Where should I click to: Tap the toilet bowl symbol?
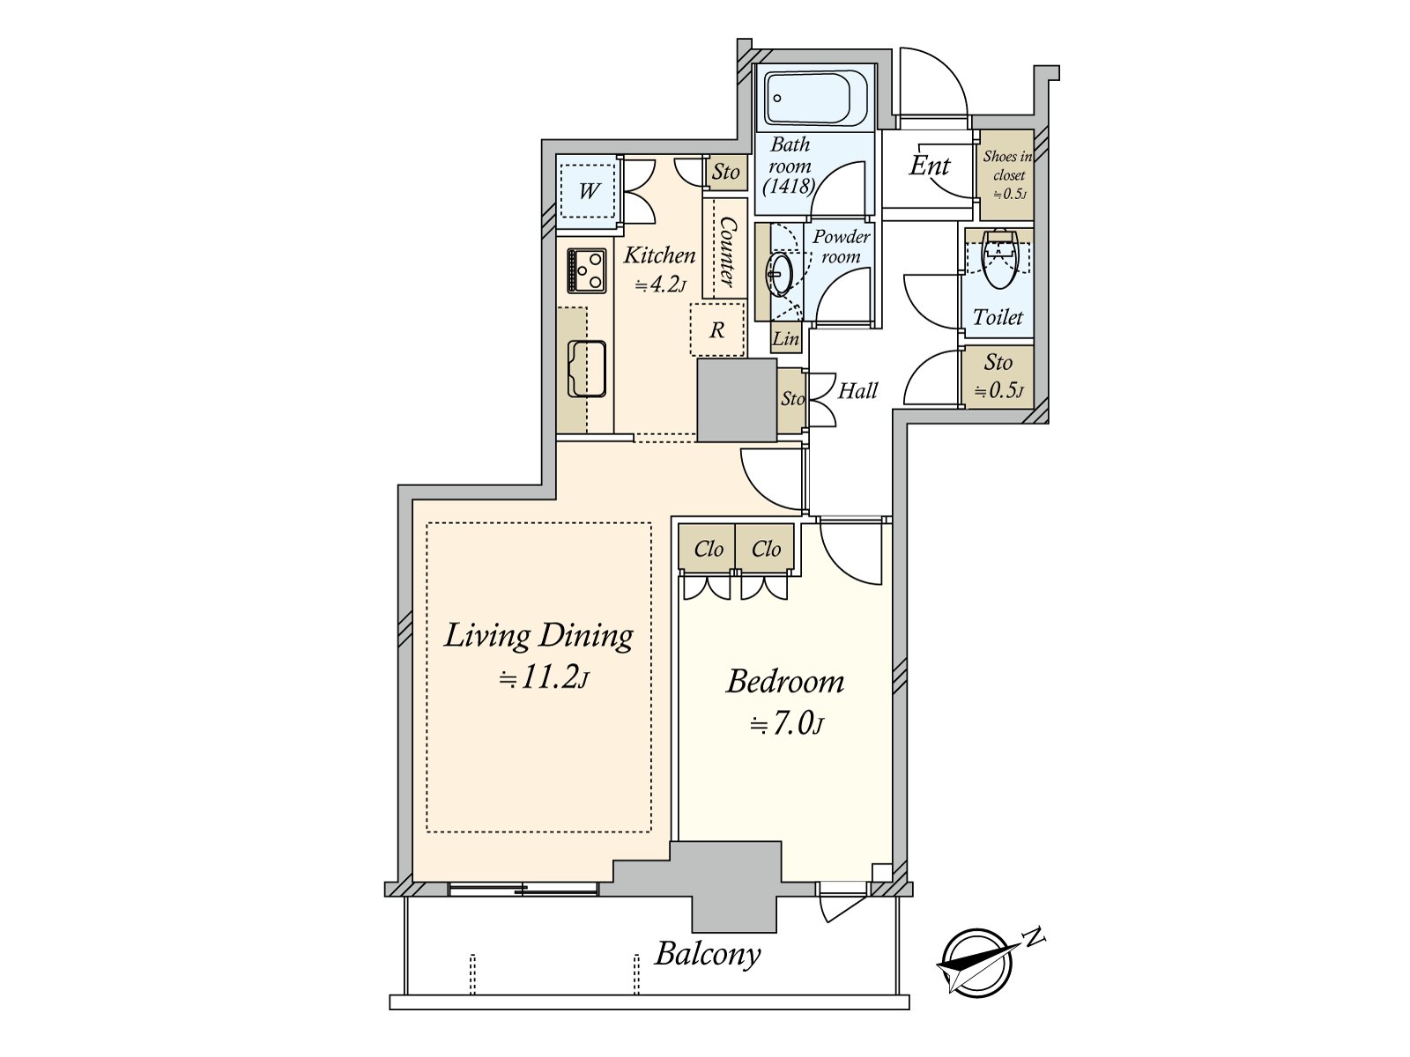tap(998, 260)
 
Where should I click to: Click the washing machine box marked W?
tap(589, 190)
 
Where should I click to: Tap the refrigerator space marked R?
tap(717, 329)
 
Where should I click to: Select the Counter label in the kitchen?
tap(727, 251)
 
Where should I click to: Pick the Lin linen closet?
tap(786, 338)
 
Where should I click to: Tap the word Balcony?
tap(708, 954)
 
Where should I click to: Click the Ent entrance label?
tap(930, 166)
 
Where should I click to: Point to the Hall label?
tap(857, 390)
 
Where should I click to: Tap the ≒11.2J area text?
tap(544, 678)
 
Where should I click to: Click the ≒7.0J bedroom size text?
tap(786, 725)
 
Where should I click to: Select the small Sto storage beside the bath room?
tap(726, 172)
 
